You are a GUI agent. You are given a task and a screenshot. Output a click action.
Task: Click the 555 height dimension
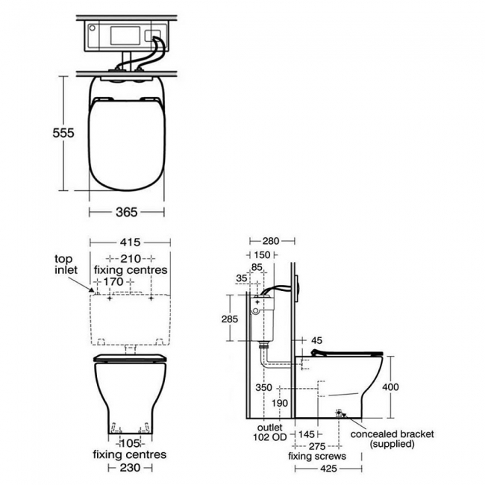[x=63, y=133]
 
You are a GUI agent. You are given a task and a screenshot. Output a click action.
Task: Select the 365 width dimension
[x=127, y=212]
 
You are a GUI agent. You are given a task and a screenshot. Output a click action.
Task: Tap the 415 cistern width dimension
[x=130, y=242]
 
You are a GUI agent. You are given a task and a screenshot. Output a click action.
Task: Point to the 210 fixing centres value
[x=131, y=258]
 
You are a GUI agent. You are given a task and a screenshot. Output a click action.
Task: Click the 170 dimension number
[x=113, y=282]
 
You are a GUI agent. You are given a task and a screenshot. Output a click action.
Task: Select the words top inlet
[x=66, y=264]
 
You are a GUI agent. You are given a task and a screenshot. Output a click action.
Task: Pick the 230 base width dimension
[x=130, y=467]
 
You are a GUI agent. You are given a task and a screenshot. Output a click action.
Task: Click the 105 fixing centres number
[x=130, y=443]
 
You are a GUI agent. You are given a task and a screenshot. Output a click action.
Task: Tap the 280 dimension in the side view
[x=271, y=241]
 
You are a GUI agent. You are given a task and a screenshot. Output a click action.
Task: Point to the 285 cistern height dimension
[x=230, y=319]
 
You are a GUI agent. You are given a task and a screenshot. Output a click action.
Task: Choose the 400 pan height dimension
[x=390, y=387]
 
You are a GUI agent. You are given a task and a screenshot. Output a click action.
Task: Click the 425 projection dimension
[x=328, y=469]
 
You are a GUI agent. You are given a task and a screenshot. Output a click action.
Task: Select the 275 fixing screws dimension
[x=317, y=446]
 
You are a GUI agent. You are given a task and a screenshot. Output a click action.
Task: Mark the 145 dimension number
[x=306, y=434]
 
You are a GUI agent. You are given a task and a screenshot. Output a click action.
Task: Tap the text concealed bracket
[x=392, y=434]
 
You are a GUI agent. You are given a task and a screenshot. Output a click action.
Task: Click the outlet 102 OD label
[x=269, y=432]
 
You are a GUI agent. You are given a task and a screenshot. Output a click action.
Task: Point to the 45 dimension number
[x=316, y=340]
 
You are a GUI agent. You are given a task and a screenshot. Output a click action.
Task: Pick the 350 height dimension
[x=263, y=387]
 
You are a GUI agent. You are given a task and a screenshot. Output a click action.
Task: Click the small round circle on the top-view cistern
[x=92, y=28]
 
